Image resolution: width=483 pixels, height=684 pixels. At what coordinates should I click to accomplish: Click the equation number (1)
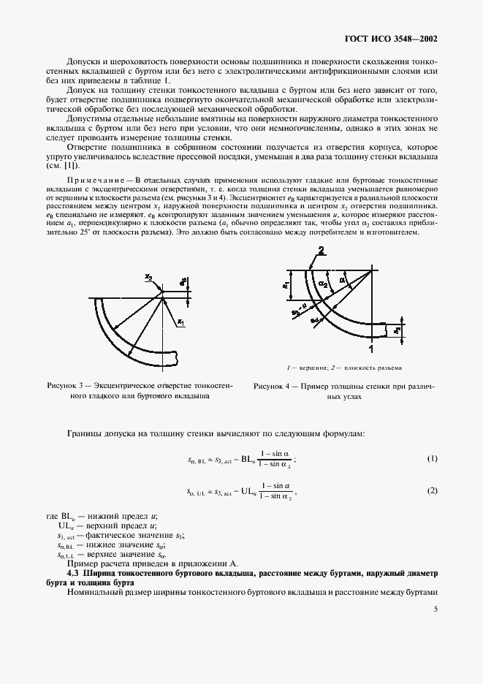click(432, 458)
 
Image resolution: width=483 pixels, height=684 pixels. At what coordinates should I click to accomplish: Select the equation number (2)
click(432, 490)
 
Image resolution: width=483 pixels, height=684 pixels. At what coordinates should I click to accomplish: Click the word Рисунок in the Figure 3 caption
click(61, 384)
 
